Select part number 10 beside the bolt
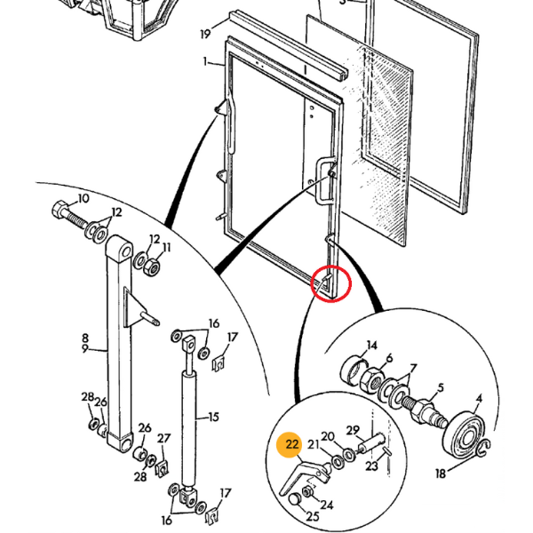(84, 198)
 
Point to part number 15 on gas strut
(213, 417)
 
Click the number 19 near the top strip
(205, 35)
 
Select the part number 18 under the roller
(441, 474)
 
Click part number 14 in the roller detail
(372, 346)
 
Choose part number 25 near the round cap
(311, 515)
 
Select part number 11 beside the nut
(165, 248)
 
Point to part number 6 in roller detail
(389, 358)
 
